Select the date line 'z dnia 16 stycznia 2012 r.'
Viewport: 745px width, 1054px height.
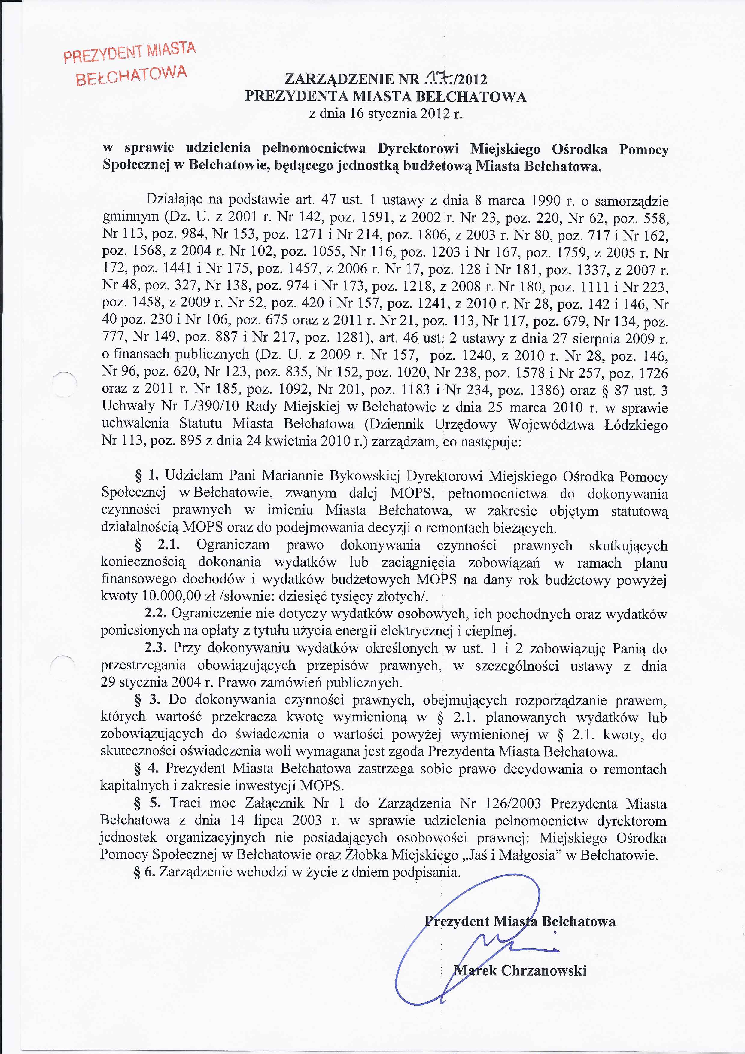point(386,113)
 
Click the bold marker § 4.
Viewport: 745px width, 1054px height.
point(146,769)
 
